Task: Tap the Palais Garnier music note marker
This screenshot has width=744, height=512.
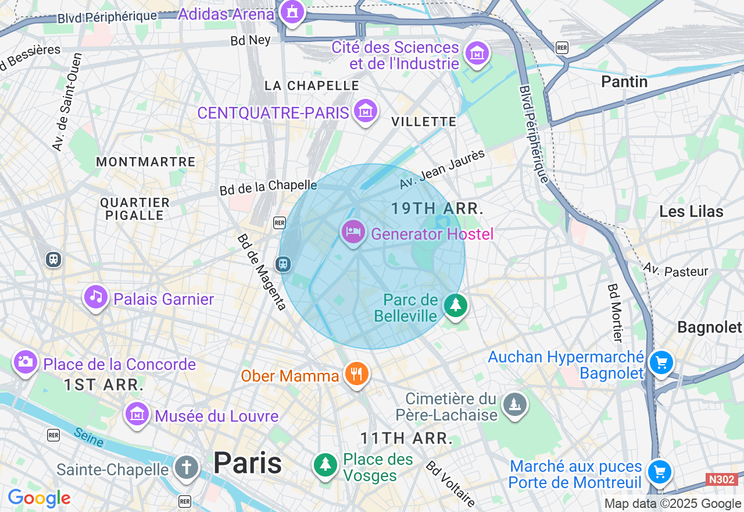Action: pyautogui.click(x=96, y=297)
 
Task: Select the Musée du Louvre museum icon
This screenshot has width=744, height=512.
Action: pyautogui.click(x=137, y=414)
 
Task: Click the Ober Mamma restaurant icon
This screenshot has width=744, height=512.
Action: pyautogui.click(x=356, y=374)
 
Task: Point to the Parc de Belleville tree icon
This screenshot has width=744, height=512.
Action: pyautogui.click(x=456, y=305)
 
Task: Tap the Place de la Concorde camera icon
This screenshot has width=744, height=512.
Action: pyautogui.click(x=25, y=362)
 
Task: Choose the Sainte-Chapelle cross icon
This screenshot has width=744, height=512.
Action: pyautogui.click(x=186, y=467)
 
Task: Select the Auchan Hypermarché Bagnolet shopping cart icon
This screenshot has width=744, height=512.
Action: pyautogui.click(x=661, y=363)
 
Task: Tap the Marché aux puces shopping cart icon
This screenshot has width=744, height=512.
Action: pyautogui.click(x=659, y=472)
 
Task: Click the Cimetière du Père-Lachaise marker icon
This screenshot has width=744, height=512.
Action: pyautogui.click(x=514, y=403)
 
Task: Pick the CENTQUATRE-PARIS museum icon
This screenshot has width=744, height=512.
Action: pyautogui.click(x=366, y=111)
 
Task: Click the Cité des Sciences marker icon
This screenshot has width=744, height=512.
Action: pyautogui.click(x=477, y=54)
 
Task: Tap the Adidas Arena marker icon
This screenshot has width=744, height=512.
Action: pyautogui.click(x=291, y=12)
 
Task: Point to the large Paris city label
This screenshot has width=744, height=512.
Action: pyautogui.click(x=248, y=463)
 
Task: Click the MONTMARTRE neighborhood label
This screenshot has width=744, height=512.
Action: pyautogui.click(x=146, y=162)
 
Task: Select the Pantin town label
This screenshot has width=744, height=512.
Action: pyautogui.click(x=624, y=81)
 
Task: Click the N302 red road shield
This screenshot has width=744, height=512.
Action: pyautogui.click(x=722, y=479)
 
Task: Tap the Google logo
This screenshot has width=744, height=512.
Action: pyautogui.click(x=39, y=499)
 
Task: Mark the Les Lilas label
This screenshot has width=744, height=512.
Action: pyautogui.click(x=691, y=211)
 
